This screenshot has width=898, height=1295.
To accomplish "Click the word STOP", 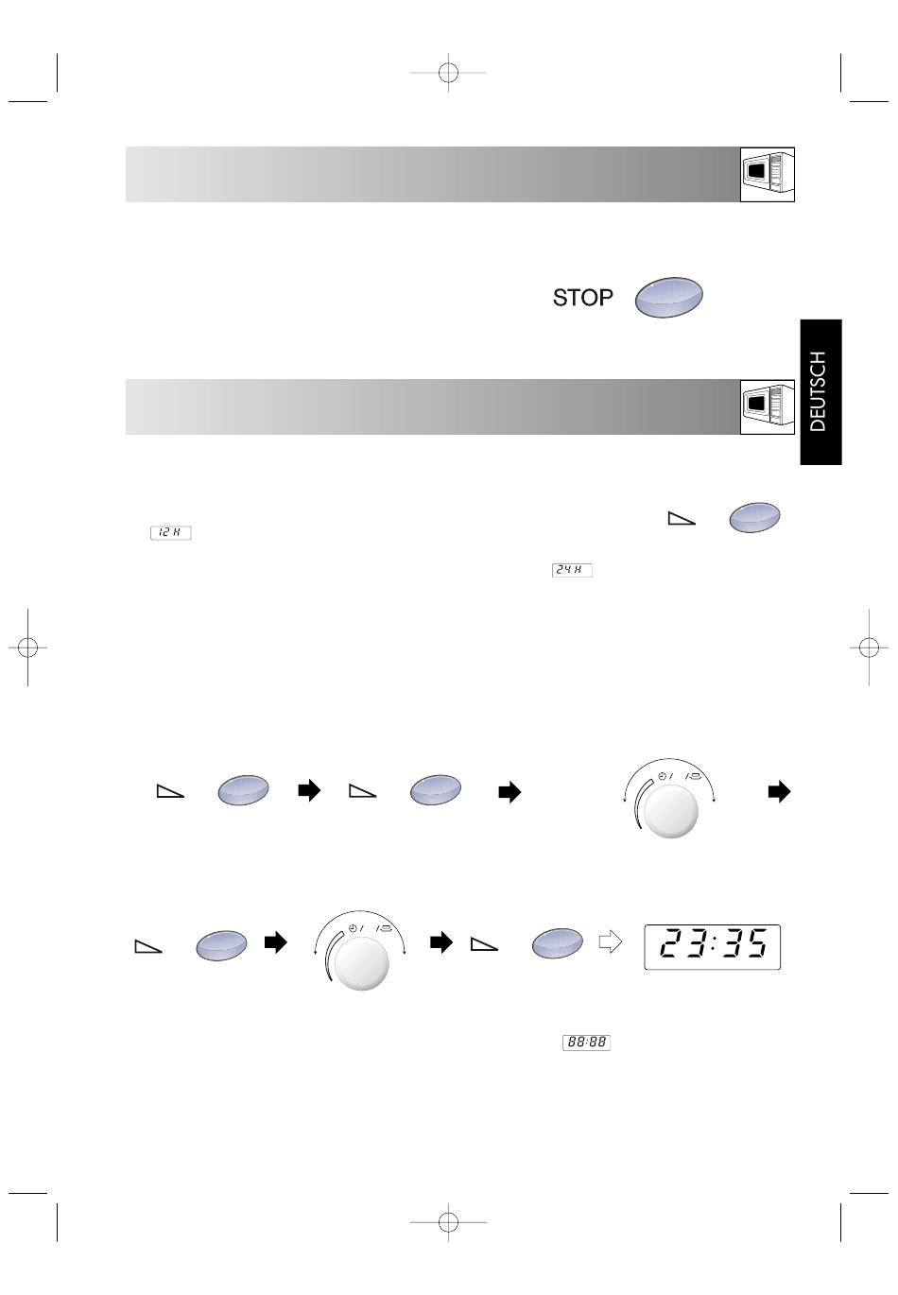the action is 582,298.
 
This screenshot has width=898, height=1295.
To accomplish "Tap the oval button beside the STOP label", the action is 669,297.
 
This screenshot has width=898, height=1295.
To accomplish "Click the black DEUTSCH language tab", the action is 820,391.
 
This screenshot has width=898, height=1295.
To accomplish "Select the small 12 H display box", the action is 170,532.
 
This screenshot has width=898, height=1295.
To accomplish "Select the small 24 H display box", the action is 572,570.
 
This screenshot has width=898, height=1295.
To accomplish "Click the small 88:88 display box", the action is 586,1043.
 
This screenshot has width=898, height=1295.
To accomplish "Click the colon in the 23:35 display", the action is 714,943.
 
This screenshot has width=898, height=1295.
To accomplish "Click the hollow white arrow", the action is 610,942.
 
